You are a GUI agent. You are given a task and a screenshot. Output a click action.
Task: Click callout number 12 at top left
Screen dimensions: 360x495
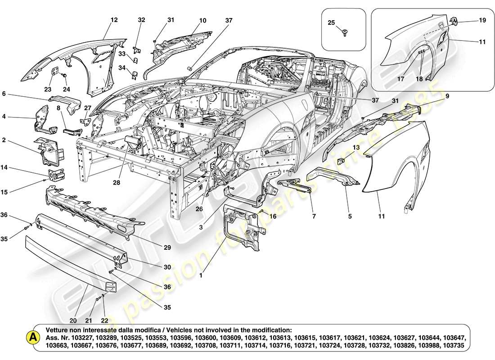114,20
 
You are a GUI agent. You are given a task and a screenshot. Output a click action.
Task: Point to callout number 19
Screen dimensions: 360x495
482,20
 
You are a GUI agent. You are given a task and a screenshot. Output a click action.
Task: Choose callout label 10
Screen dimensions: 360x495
203,20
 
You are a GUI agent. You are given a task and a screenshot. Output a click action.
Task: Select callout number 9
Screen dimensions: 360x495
448,96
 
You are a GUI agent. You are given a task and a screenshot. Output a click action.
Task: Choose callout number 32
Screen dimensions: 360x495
141,20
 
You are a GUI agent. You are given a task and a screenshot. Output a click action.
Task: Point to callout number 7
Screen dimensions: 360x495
313,216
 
